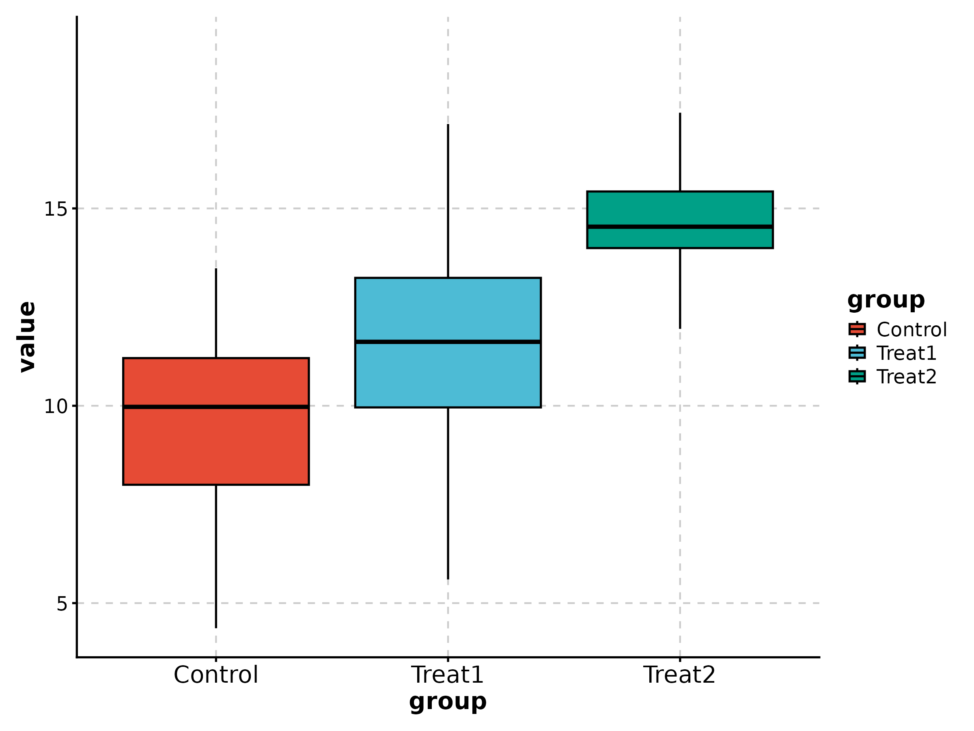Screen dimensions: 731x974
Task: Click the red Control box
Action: click(216, 445)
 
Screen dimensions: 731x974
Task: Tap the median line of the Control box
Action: click(216, 407)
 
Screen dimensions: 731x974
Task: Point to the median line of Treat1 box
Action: click(448, 342)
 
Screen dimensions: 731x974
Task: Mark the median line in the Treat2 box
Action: click(680, 227)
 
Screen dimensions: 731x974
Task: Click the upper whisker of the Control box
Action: click(216, 313)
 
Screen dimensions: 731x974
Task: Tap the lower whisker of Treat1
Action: click(448, 493)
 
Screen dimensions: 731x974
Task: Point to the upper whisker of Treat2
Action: click(680, 152)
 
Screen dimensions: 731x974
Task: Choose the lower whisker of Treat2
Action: click(680, 288)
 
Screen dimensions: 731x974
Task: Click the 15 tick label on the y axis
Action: click(55, 209)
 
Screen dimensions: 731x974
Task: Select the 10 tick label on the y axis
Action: click(55, 406)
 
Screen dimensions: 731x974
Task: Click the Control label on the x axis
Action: click(216, 675)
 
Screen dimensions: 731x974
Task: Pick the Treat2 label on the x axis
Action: click(679, 675)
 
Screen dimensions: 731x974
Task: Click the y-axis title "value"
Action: click(27, 337)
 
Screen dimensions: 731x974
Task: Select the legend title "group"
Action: click(886, 301)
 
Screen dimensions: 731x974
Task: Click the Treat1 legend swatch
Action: click(857, 353)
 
